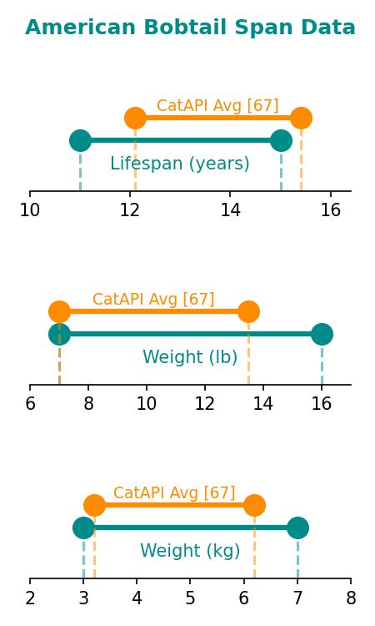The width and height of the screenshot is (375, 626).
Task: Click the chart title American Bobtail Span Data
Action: [x=190, y=28]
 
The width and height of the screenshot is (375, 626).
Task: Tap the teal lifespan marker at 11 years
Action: [x=81, y=140]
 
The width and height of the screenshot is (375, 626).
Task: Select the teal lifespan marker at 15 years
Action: [x=282, y=140]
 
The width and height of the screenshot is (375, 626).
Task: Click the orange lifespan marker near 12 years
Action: [x=136, y=119]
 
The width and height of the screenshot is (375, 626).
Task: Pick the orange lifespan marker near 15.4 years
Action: [x=302, y=119]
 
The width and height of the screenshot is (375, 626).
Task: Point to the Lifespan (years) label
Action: [x=180, y=164]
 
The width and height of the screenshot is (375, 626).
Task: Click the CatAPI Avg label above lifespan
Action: [x=217, y=106]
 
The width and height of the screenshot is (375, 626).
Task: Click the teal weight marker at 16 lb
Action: [x=322, y=334]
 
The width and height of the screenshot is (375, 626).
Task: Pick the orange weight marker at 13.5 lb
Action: [x=248, y=311]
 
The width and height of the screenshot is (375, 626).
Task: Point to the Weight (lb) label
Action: [x=190, y=357]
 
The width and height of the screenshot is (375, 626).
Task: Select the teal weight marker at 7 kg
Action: [x=297, y=528]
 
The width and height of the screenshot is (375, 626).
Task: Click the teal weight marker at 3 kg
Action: [x=83, y=528]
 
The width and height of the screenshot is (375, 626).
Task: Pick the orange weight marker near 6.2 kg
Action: [x=255, y=505]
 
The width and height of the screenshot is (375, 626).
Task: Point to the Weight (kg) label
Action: [x=190, y=551]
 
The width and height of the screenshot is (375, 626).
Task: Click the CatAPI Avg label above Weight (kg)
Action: [x=174, y=492]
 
